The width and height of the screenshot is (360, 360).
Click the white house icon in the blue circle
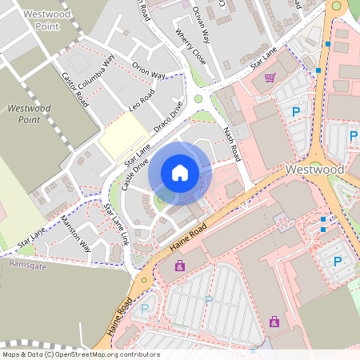tap(180, 172)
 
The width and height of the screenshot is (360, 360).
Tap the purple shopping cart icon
tap(270, 78)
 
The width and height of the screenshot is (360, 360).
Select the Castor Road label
tap(75, 90)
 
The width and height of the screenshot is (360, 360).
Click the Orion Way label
tap(148, 70)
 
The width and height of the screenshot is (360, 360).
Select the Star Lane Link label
tap(116, 224)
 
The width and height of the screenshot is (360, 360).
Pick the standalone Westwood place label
tap(314, 170)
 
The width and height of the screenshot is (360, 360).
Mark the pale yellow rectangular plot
tap(118, 135)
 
